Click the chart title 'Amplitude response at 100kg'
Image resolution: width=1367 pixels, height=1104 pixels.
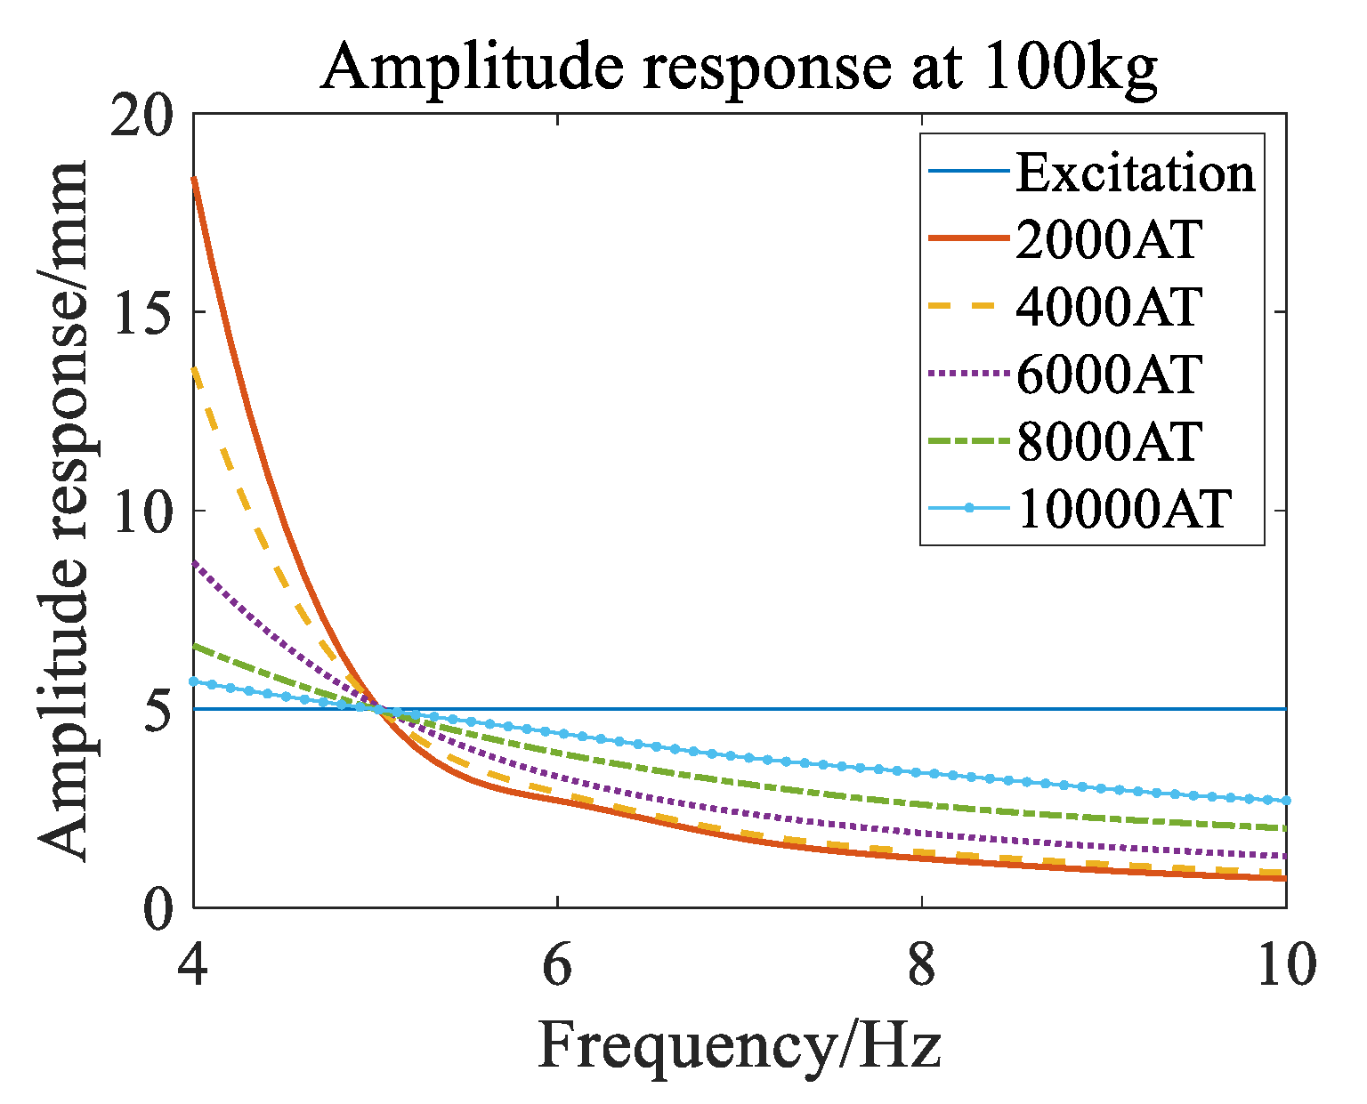click(739, 67)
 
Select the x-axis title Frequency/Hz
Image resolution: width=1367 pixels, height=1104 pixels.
click(739, 1044)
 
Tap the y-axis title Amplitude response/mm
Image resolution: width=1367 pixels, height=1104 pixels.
click(64, 512)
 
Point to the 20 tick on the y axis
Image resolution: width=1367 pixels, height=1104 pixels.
click(141, 115)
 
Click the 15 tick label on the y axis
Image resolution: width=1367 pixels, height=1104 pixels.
click(141, 312)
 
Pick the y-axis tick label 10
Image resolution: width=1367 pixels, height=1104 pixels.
click(141, 511)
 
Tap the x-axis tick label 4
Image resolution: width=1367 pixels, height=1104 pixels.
click(194, 964)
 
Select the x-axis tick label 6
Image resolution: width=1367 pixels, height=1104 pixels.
click(557, 964)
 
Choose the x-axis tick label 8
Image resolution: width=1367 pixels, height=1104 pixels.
click(922, 964)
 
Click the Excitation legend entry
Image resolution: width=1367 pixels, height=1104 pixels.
click(1135, 173)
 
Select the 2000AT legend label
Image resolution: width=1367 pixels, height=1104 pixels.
click(1108, 239)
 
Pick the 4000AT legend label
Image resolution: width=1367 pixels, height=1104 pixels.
click(1108, 307)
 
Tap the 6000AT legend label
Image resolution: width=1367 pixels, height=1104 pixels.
click(1108, 374)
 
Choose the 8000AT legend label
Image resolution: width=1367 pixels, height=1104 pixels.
click(1108, 441)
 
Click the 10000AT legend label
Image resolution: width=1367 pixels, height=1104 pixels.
click(1123, 509)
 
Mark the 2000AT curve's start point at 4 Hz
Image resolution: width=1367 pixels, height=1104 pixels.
click(194, 179)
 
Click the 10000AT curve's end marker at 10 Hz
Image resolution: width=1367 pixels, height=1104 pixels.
click(1285, 801)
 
